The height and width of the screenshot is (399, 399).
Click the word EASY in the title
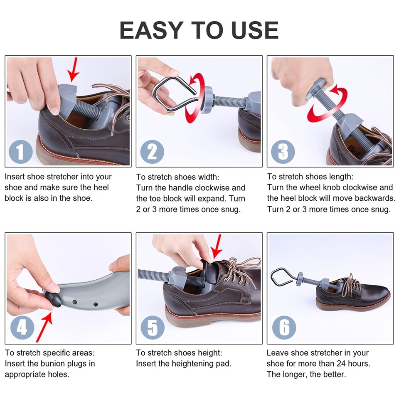pyautogui.click(x=150, y=30)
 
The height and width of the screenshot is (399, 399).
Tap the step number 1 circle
pyautogui.click(x=20, y=152)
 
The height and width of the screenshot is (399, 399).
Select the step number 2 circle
pyautogui.click(x=152, y=152)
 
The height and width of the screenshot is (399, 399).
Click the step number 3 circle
pyautogui.click(x=283, y=152)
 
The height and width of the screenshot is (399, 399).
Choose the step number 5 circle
pyautogui.click(x=152, y=328)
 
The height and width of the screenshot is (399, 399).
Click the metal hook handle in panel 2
pyautogui.click(x=170, y=94)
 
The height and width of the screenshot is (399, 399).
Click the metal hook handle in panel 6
pyautogui.click(x=281, y=278)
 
